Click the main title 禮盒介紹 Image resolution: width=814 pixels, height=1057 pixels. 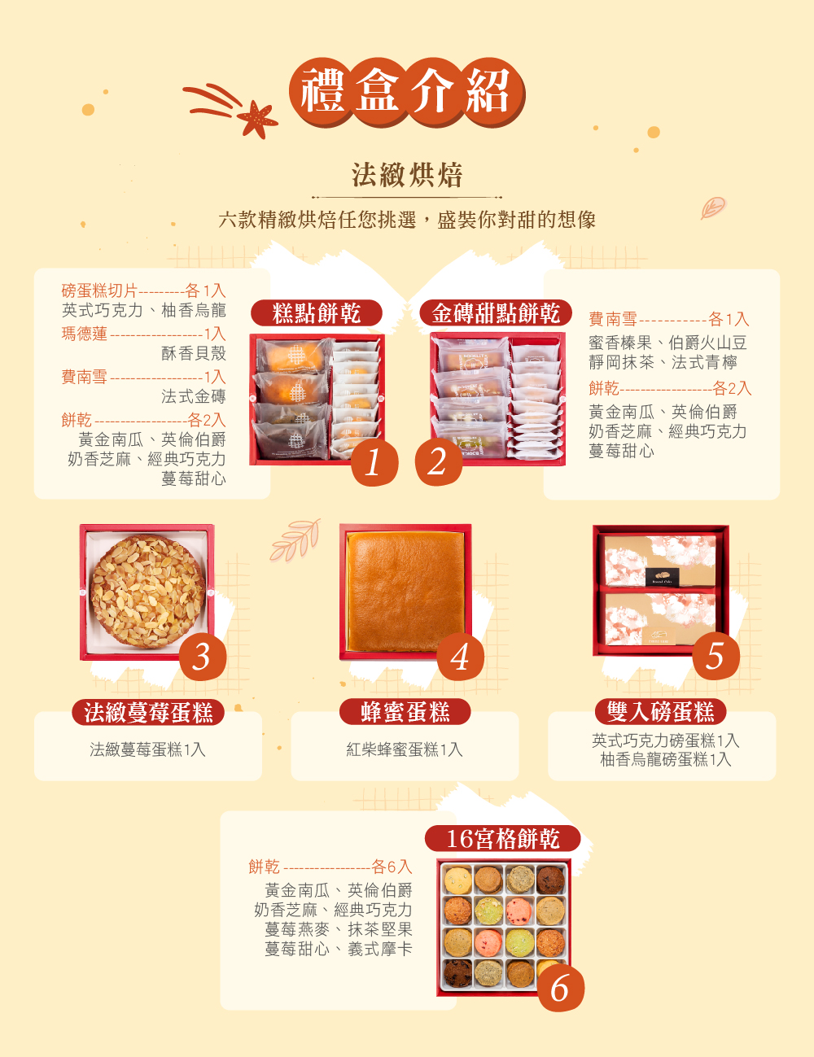point(406,91)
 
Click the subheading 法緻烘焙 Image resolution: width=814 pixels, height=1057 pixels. point(407,175)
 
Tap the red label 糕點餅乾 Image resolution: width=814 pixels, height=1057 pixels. point(316,313)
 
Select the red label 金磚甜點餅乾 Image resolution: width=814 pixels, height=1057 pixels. point(496,313)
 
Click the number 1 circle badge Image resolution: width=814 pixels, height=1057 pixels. point(374,462)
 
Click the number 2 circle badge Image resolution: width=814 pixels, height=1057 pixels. point(438,462)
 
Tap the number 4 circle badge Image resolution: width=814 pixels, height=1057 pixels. point(461,656)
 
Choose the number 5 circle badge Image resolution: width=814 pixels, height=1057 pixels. point(716,656)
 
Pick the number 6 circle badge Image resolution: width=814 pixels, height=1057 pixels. point(560,988)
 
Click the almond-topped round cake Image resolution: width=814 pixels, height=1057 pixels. point(147,591)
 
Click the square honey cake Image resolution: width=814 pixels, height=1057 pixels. point(405,591)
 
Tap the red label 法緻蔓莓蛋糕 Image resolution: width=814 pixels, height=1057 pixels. point(148,713)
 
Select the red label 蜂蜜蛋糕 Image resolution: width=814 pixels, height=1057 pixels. point(405,713)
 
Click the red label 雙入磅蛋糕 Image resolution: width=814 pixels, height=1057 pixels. point(660,713)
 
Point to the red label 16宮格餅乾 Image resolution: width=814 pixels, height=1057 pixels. point(503,839)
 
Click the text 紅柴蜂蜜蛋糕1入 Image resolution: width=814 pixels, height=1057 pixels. point(405,749)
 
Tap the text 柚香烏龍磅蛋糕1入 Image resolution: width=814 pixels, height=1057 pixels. point(666,760)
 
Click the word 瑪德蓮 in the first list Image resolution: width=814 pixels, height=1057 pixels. point(85,334)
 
